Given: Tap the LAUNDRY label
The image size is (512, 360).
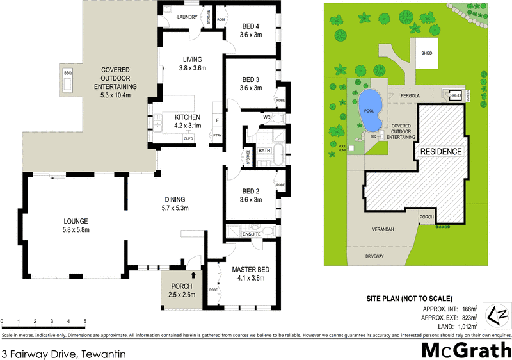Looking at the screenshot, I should [x=187, y=17].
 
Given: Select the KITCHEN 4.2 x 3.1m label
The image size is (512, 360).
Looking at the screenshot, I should [x=184, y=121].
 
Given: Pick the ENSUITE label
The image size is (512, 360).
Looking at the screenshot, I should [x=252, y=234].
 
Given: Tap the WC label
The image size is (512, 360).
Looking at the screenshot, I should [x=268, y=117].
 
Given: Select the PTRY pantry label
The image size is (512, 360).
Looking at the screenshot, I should [x=218, y=136].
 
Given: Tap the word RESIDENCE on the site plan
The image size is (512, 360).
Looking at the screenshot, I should [x=440, y=151].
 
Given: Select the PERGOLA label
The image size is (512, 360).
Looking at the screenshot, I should [x=410, y=95].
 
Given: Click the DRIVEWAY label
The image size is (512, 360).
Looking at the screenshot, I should [x=374, y=256].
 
